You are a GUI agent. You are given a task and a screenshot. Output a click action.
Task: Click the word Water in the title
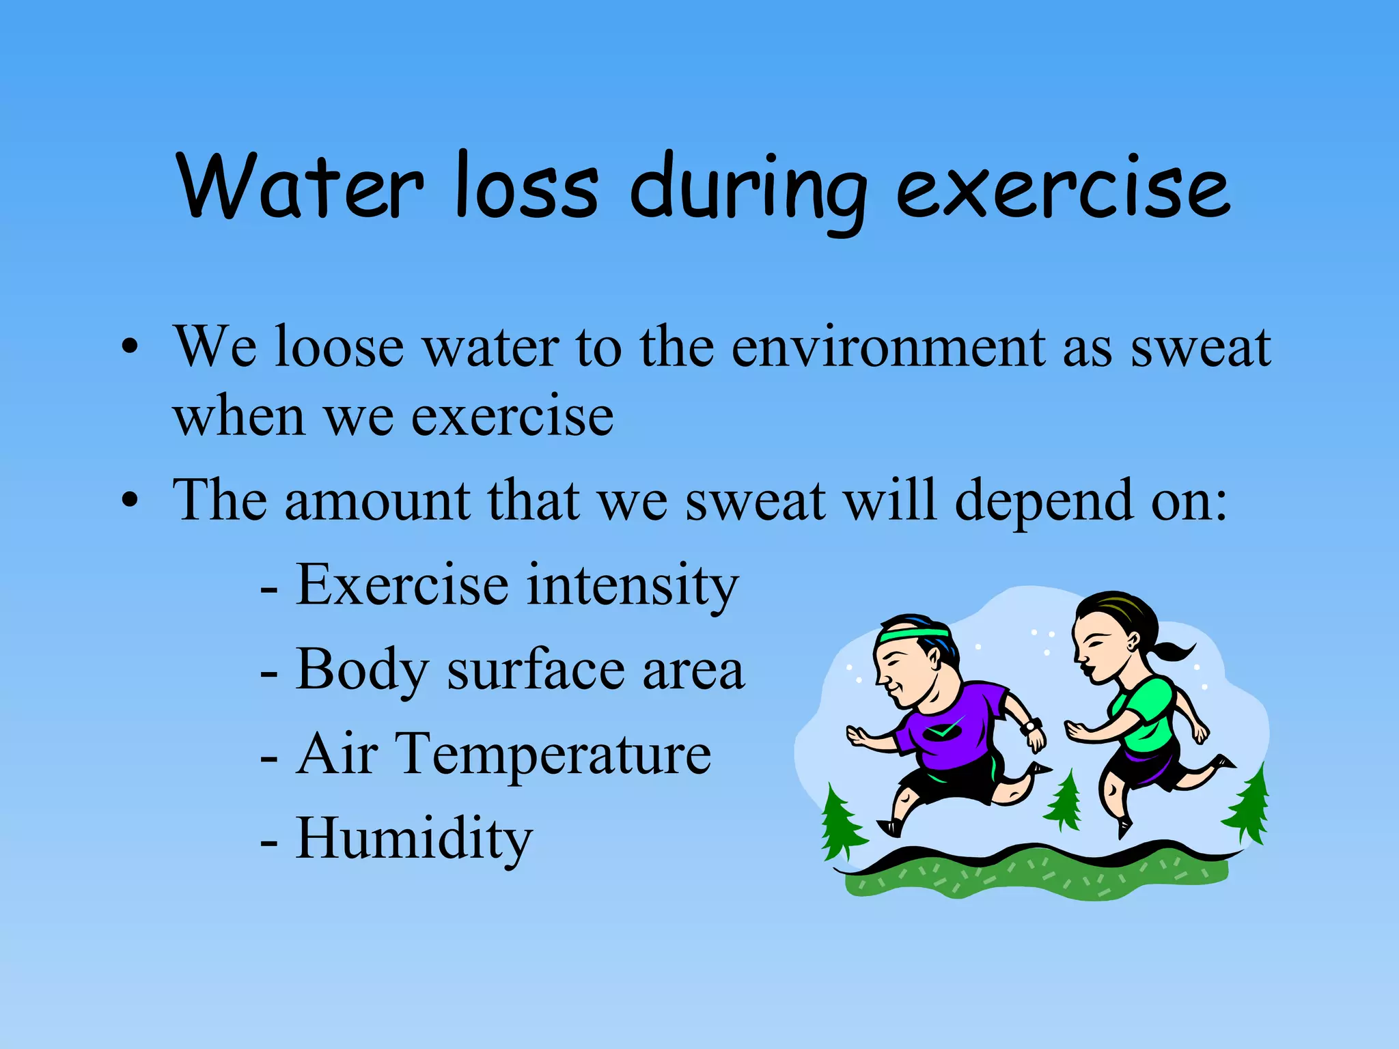click(301, 186)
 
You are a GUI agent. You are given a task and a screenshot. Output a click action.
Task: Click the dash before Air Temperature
click(269, 758)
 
